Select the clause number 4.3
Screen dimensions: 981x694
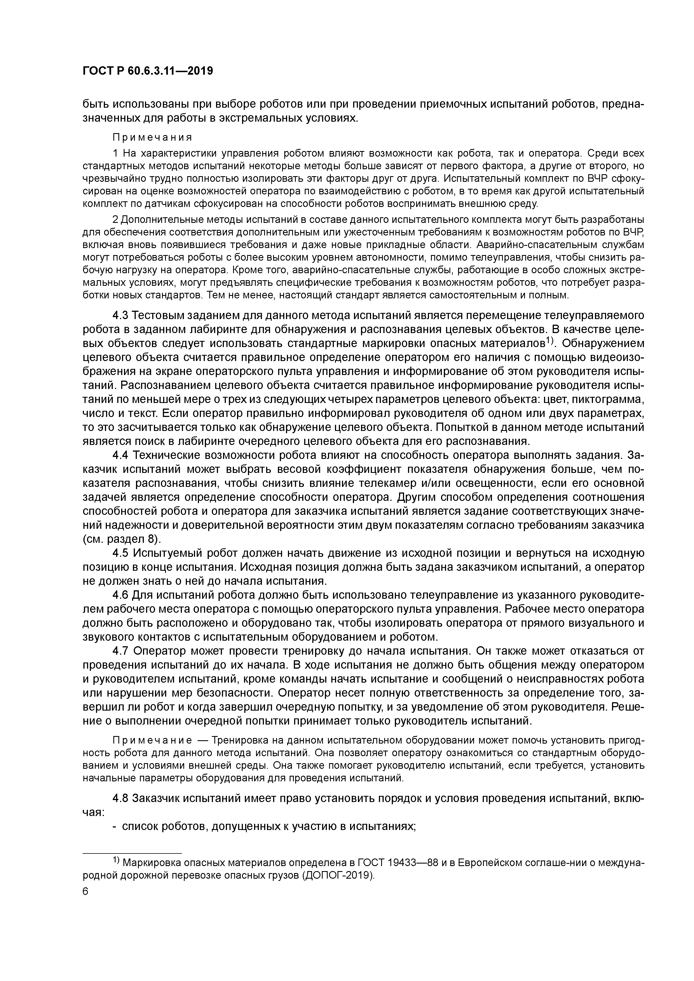click(x=120, y=315)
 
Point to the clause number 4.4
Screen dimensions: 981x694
click(x=120, y=456)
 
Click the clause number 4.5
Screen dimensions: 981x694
click(x=120, y=553)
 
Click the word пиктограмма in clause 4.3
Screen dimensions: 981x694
click(x=607, y=400)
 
